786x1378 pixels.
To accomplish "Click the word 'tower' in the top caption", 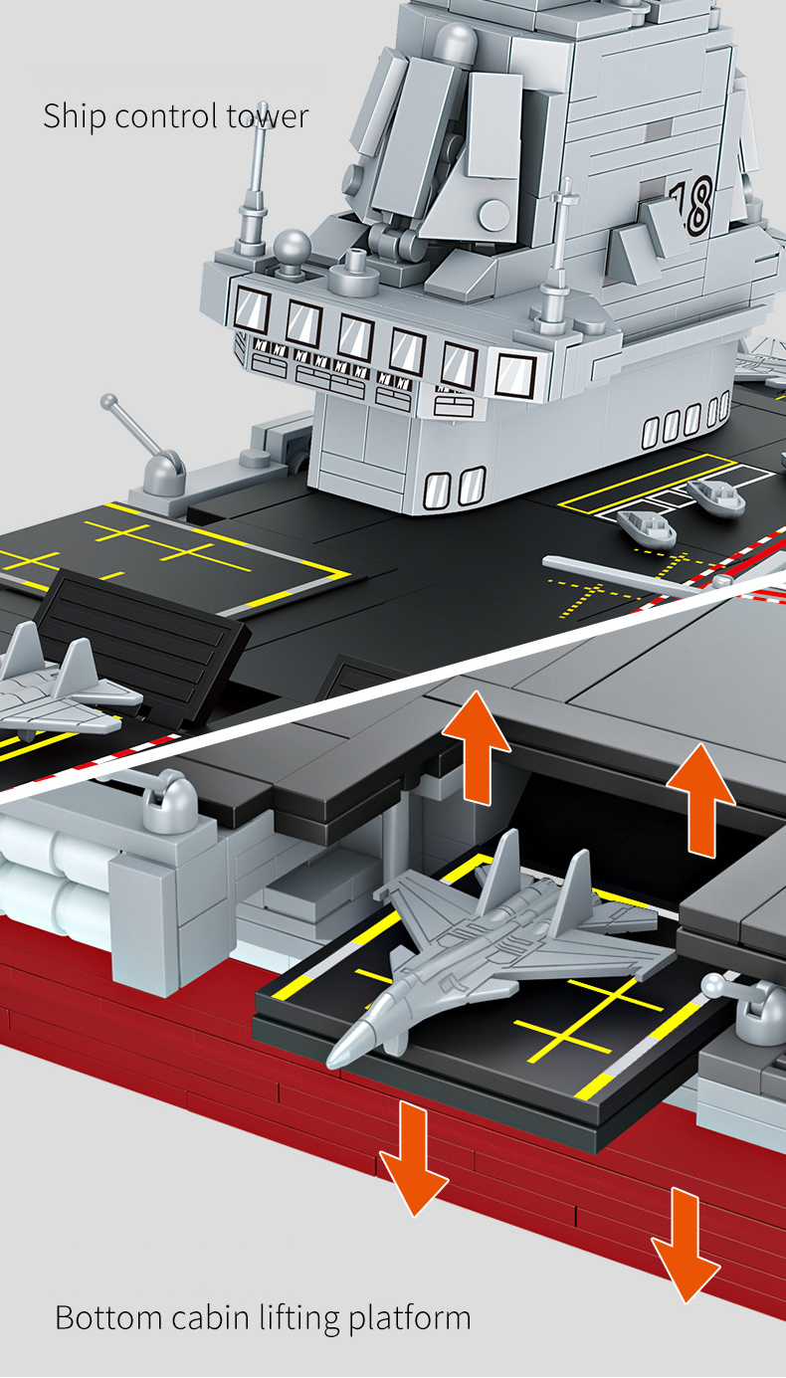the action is coord(267,116).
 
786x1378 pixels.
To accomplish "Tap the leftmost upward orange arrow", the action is coord(476,747).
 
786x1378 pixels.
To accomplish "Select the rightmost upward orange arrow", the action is coord(701,800).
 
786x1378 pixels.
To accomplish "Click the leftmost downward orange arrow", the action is coord(414,1158).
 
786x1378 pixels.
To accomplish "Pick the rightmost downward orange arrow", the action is coord(686,1245).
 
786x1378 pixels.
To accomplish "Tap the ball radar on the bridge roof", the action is coord(292,247).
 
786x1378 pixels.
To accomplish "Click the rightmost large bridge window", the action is coord(514,375).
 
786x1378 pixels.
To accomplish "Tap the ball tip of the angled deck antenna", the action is coord(108,402).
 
